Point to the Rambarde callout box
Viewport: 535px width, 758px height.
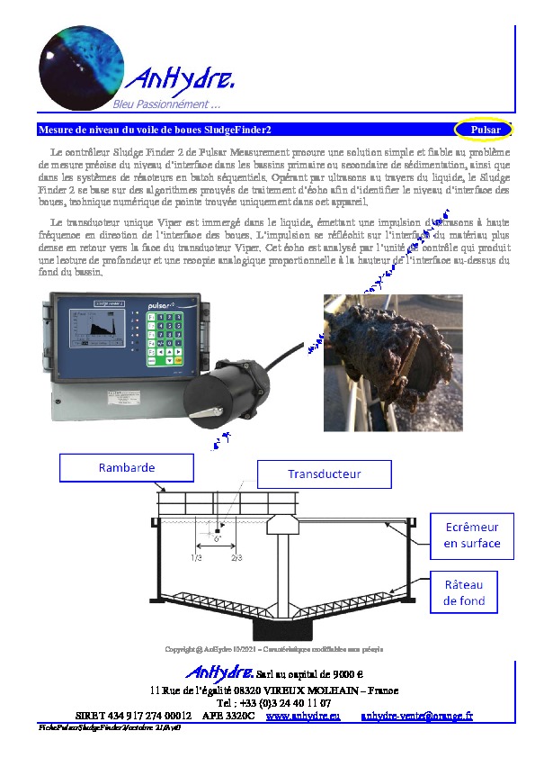pyautogui.click(x=126, y=468)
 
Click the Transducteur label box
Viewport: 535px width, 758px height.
pyautogui.click(x=324, y=474)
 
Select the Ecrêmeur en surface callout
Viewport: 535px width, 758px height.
pyautogui.click(x=471, y=535)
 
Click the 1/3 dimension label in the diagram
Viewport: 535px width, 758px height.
pyautogui.click(x=196, y=558)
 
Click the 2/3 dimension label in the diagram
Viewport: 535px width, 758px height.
pyautogui.click(x=236, y=558)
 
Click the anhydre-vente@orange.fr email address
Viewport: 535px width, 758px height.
pyautogui.click(x=416, y=715)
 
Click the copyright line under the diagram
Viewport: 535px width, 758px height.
pyautogui.click(x=273, y=648)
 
